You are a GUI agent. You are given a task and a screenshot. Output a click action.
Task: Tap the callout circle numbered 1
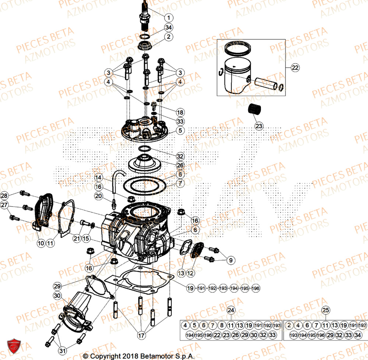pyautogui.click(x=168, y=17)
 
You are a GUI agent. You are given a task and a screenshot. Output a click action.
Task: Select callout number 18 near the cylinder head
pyautogui.click(x=180, y=112)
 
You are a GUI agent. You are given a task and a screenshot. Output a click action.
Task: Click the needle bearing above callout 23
pyautogui.click(x=253, y=110)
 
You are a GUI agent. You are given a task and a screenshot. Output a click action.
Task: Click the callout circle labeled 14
pyautogui.click(x=98, y=177)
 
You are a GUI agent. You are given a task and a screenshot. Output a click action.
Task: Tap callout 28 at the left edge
pyautogui.click(x=4, y=195)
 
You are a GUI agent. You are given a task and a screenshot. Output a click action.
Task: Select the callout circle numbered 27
pyautogui.click(x=4, y=205)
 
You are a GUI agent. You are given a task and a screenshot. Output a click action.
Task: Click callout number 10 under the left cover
pyautogui.click(x=40, y=243)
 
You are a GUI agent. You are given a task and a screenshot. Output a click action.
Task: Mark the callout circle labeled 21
pyautogui.click(x=77, y=238)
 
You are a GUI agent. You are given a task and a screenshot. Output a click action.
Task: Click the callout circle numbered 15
pyautogui.click(x=86, y=238)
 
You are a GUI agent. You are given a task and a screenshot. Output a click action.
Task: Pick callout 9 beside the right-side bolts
pyautogui.click(x=231, y=260)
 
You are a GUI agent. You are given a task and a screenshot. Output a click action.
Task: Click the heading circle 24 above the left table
pyautogui.click(x=231, y=310)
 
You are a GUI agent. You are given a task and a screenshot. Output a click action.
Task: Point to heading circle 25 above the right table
pyautogui.click(x=325, y=310)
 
